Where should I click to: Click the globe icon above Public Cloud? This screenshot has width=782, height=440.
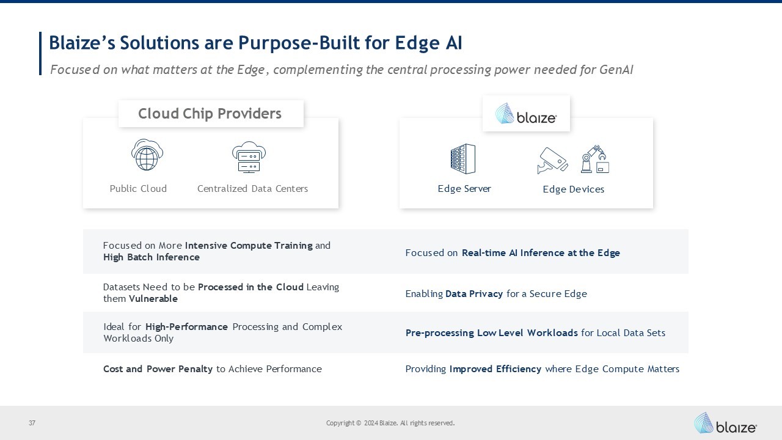click(147, 155)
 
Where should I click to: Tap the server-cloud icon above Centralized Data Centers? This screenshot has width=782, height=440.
click(249, 157)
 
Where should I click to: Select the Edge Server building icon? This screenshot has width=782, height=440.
click(462, 159)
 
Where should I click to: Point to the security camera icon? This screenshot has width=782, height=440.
click(552, 161)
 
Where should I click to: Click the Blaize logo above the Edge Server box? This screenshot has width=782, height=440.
click(525, 114)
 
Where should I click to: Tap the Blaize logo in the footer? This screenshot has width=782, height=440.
click(725, 423)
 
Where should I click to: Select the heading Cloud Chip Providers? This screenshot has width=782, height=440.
click(210, 114)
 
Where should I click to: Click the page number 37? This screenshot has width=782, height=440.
click(32, 423)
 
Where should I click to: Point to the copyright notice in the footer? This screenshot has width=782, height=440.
click(390, 423)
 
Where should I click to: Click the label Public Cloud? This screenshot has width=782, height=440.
click(138, 189)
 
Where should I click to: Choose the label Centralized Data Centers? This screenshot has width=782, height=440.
click(252, 189)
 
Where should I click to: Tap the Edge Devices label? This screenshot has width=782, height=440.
click(573, 189)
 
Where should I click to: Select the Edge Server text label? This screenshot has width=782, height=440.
click(464, 189)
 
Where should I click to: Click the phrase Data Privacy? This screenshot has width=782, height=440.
click(474, 294)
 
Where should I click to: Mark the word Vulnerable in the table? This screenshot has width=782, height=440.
click(153, 299)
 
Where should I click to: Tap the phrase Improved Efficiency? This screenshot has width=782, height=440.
click(495, 369)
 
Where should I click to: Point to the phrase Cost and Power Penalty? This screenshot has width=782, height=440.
click(158, 369)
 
